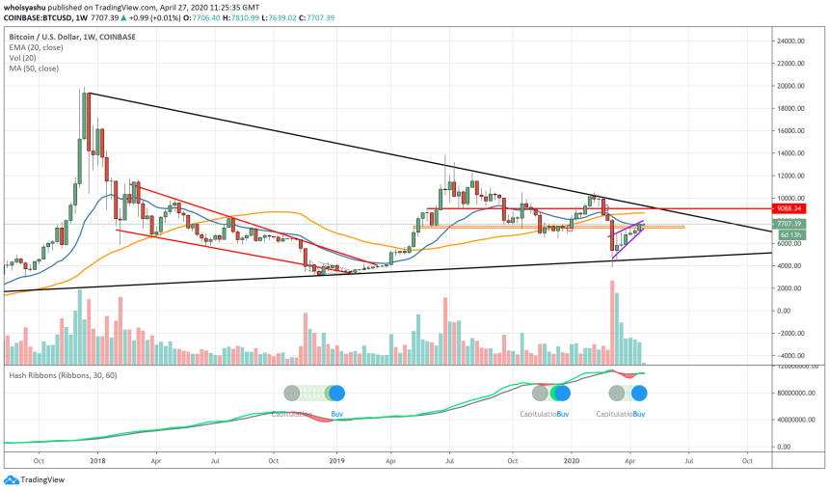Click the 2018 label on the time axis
tap(98, 462)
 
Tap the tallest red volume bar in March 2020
tap(611, 323)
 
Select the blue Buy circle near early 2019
tap(336, 393)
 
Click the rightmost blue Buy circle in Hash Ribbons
tap(638, 393)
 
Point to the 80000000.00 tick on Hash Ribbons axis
tap(796, 394)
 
